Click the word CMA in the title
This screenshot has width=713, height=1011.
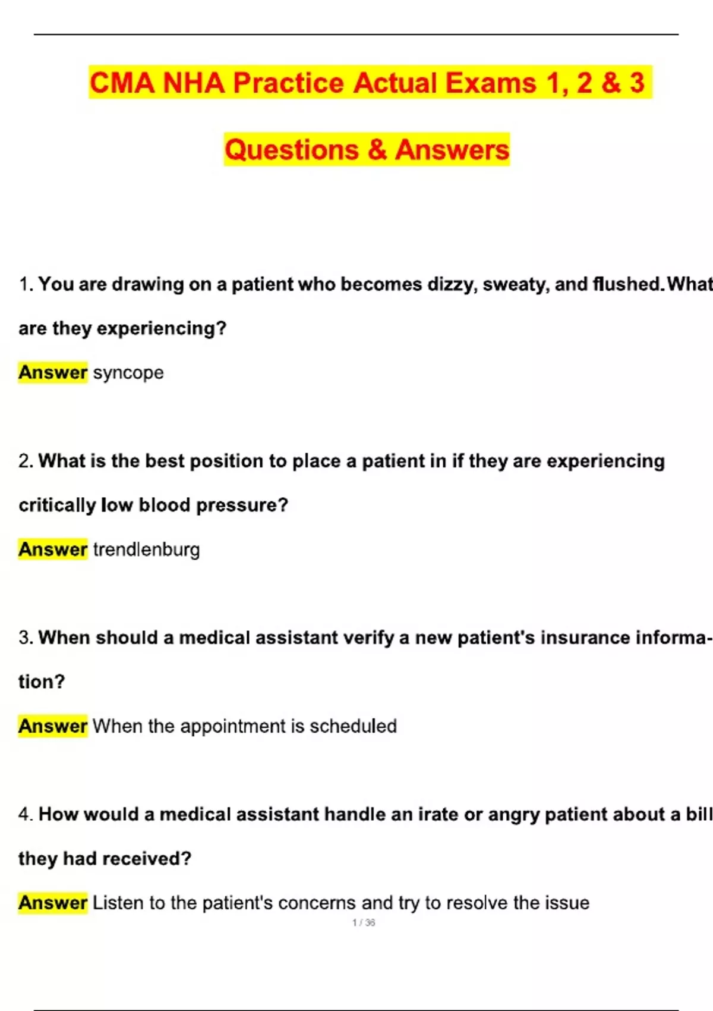(x=122, y=83)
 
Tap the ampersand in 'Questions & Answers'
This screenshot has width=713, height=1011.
(x=377, y=149)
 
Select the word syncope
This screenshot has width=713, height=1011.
(x=128, y=373)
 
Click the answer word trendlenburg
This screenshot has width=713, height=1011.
(x=146, y=550)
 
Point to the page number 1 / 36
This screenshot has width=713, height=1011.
(x=364, y=922)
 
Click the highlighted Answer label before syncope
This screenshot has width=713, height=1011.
(x=53, y=372)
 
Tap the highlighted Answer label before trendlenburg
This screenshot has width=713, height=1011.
(x=53, y=549)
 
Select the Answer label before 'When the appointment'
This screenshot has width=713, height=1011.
(x=53, y=726)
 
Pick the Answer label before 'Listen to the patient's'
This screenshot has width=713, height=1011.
(x=53, y=902)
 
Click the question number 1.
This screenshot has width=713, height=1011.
(x=25, y=284)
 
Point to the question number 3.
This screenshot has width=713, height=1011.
(x=25, y=638)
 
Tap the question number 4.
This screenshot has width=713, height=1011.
(x=25, y=814)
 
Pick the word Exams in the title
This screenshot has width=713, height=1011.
(x=491, y=83)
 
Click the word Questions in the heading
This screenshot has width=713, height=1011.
(x=292, y=149)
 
